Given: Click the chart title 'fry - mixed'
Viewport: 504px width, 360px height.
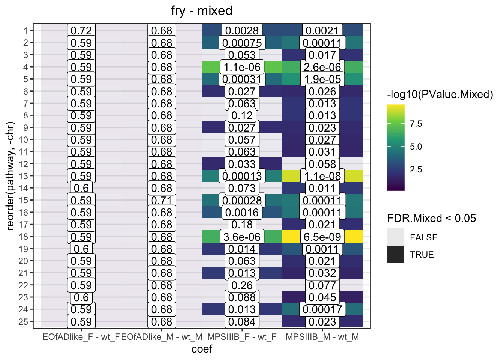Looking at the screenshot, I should coord(202,10).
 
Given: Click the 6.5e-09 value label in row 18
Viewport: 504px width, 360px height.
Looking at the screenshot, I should coord(322,237).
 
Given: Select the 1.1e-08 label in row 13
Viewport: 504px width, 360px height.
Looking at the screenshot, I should coord(322,176).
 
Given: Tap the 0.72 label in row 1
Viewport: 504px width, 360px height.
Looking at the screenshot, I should coord(81,31).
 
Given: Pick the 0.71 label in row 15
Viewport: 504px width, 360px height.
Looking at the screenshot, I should coord(162,201).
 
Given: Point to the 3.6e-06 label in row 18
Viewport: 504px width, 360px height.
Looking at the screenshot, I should coord(242,237).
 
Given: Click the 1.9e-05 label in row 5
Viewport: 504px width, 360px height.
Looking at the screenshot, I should coord(322,79).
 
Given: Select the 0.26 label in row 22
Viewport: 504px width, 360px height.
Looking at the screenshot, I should coord(242,285).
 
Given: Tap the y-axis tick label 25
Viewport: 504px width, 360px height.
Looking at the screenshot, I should coord(23,322).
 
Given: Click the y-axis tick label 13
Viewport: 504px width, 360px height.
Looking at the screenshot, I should coord(23,176).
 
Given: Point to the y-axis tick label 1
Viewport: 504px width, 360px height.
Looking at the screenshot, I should coord(25,31).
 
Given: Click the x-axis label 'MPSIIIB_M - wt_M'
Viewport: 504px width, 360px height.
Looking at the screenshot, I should coord(322,337).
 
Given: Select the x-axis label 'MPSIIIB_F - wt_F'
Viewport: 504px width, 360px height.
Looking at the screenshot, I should coord(242,337).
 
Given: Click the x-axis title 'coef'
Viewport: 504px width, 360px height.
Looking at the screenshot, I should coord(202,349).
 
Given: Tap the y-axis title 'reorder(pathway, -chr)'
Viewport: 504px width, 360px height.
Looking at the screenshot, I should coord(10,175).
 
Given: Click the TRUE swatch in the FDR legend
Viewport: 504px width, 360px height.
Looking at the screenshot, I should coord(396,255).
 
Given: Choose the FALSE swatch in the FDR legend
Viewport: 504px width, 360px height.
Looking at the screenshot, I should coord(396,237).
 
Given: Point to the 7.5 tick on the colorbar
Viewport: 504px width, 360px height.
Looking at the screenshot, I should coord(416,124).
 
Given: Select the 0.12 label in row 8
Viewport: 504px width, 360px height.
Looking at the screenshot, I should coord(242,115).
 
